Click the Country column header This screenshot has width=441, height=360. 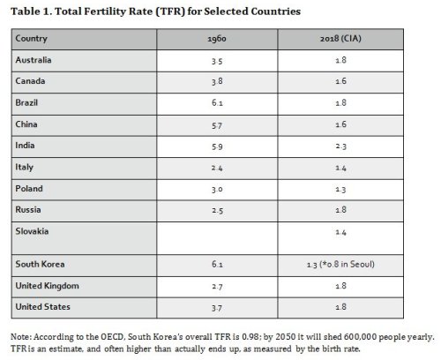pos(31,39)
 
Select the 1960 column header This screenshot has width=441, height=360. pos(217,39)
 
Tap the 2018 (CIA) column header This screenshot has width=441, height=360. pos(340,39)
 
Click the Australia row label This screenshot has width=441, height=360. pos(34,60)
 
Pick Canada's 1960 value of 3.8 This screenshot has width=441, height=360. pos(217,81)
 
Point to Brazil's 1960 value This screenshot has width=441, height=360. pos(217,103)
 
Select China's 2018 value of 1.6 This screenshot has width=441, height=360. pos(340,124)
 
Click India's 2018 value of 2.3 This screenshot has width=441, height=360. pos(340,146)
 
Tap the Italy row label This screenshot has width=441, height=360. pos(24,167)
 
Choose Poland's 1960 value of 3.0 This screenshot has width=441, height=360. pos(217,190)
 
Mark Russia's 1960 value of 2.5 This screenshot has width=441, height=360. pos(217,211)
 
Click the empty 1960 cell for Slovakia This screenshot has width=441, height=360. pos(217,238)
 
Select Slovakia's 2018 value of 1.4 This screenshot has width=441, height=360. pos(340,232)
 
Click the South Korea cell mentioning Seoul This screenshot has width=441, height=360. pos(340,265)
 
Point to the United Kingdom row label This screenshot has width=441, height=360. pos(47,286)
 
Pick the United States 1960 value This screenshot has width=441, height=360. pos(217,308)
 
